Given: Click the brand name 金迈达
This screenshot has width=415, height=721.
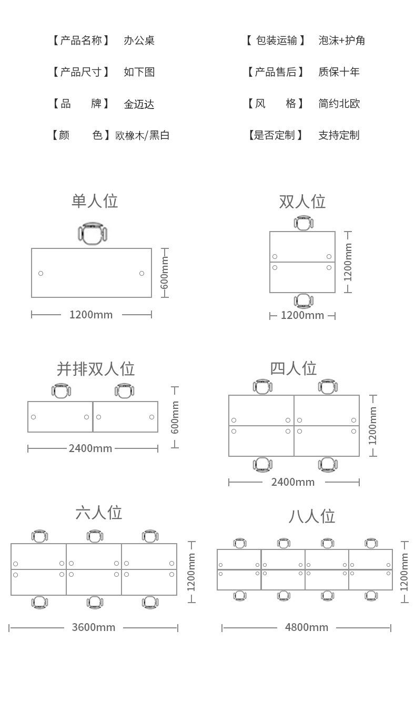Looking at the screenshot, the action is [139, 104].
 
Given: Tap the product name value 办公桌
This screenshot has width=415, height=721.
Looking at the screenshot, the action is [139, 40].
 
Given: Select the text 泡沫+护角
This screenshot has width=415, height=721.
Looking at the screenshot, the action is [341, 40].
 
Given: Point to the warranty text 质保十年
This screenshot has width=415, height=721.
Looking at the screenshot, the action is [339, 72].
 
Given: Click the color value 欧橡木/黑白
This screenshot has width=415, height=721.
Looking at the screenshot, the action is [142, 135].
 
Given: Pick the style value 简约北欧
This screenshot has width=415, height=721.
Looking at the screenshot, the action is [339, 104].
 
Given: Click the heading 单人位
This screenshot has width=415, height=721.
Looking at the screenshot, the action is [95, 201].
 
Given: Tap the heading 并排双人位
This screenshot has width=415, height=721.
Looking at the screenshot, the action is [96, 368].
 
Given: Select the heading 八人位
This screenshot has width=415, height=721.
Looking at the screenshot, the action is [311, 516].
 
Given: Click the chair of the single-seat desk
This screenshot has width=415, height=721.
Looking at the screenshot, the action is [93, 233].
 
